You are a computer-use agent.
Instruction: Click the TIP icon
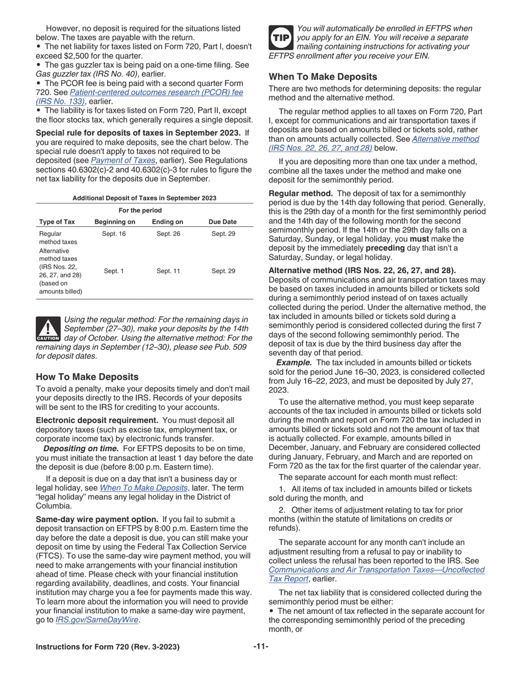click(281, 37)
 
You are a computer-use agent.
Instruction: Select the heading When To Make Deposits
click(323, 77)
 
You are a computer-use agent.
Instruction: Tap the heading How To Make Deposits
click(87, 376)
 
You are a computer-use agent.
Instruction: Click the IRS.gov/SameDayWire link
click(97, 620)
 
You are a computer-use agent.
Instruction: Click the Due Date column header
click(223, 222)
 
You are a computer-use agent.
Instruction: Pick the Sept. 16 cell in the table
click(114, 234)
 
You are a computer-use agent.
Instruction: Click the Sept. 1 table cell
click(114, 271)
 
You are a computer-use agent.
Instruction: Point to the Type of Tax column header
click(57, 222)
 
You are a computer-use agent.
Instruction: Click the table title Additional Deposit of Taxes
click(144, 198)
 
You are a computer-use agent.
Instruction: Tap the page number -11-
click(260, 646)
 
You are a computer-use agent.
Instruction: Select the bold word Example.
click(294, 363)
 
